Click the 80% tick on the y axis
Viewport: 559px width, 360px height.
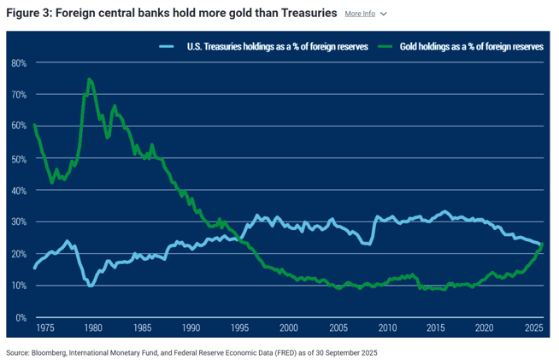pos(19,63)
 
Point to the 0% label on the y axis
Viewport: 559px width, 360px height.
pos(21,317)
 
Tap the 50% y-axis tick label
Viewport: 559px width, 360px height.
pos(19,158)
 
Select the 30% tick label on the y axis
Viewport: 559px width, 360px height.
pos(19,221)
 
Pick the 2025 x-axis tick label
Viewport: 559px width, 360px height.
pos(534,328)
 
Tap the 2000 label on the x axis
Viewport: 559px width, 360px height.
pos(289,328)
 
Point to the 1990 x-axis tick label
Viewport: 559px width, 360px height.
pos(191,328)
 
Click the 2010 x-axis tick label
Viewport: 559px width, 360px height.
pos(387,328)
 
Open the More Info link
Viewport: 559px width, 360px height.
pos(360,14)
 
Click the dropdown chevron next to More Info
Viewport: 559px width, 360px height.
pos(384,15)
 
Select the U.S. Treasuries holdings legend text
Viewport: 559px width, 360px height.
pos(277,47)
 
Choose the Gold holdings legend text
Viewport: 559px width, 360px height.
pos(471,47)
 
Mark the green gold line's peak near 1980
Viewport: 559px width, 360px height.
pos(89,80)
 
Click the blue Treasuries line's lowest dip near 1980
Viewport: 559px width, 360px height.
pos(91,285)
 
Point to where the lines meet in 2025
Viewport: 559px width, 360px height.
pos(540,245)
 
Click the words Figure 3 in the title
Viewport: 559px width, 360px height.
pos(29,13)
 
